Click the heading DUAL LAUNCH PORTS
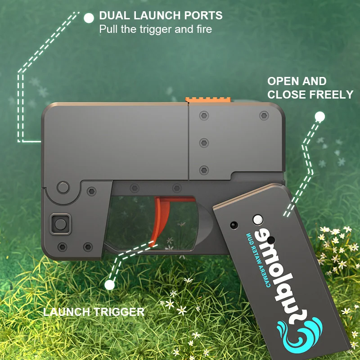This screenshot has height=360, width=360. [x=161, y=16]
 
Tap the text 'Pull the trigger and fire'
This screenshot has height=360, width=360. [x=155, y=30]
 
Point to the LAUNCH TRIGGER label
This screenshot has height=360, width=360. [x=94, y=311]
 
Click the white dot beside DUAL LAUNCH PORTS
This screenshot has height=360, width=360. [x=89, y=18]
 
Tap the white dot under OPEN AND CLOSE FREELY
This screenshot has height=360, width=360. [x=319, y=117]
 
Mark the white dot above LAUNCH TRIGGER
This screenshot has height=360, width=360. [x=109, y=284]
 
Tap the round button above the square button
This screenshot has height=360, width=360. [x=63, y=187]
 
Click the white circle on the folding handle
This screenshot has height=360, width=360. [x=258, y=220]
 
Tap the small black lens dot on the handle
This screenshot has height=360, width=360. [x=233, y=224]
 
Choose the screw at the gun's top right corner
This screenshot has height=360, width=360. [x=264, y=116]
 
